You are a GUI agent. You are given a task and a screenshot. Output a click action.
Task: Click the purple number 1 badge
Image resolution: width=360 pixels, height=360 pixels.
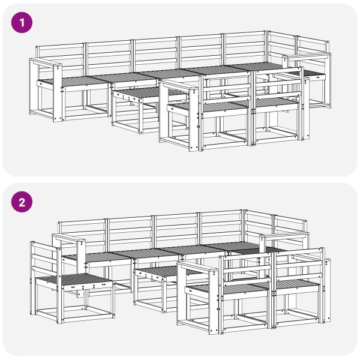tap(22, 23)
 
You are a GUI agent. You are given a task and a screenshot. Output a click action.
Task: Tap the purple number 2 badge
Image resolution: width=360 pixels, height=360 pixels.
tap(22, 202)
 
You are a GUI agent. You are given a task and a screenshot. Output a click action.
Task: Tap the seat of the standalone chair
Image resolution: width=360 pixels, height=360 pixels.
tap(74, 280)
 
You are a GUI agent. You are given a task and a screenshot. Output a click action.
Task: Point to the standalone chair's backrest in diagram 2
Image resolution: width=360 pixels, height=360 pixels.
tap(46, 257)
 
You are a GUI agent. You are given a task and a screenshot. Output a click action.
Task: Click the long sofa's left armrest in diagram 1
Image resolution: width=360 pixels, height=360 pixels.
tap(46, 62)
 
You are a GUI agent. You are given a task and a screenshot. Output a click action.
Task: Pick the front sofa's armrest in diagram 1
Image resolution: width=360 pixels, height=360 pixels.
tap(179, 86)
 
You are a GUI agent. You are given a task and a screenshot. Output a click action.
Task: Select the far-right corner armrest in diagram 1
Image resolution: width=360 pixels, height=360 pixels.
tap(307, 56)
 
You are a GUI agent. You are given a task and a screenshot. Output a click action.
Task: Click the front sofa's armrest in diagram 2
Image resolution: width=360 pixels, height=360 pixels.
tap(197, 267)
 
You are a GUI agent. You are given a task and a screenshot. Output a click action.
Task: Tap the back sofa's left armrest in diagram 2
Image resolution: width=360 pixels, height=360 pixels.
tap(69, 238)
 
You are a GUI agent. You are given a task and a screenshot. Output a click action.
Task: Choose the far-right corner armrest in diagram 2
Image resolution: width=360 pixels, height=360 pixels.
tap(284, 235)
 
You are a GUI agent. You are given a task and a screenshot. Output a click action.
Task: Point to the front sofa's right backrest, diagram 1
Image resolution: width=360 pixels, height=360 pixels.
tap(278, 84)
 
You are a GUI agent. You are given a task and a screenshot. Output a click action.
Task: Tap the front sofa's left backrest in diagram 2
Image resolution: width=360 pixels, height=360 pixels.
tap(246, 269)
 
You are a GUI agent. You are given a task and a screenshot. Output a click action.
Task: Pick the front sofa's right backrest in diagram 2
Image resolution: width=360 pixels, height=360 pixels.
tap(299, 264)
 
